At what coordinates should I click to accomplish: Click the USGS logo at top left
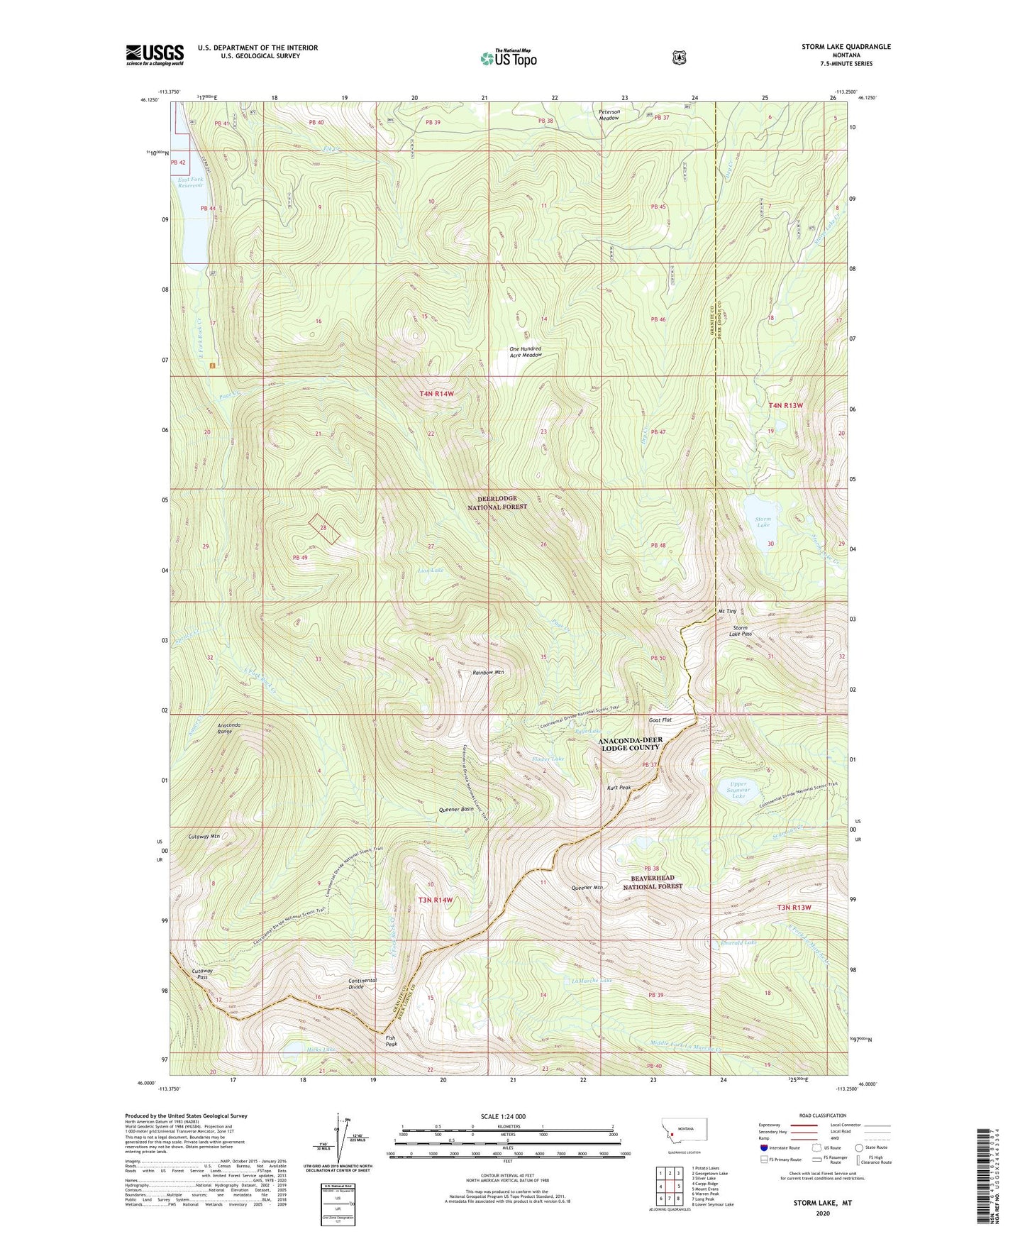point(155,55)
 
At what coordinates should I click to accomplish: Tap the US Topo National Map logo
point(507,57)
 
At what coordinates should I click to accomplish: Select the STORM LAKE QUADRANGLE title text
point(846,47)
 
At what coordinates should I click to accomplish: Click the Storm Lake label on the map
point(763,522)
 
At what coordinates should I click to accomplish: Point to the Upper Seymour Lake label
point(738,790)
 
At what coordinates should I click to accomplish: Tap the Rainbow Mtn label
point(489,672)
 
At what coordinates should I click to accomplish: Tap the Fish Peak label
point(390,1041)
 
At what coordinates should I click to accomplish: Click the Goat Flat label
point(660,720)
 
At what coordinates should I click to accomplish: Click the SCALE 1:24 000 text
point(503,1116)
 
